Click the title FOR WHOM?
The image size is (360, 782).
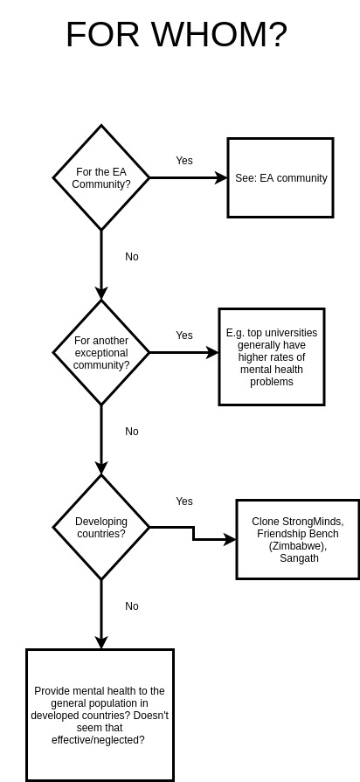pos(177,34)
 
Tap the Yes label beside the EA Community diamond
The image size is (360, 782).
pos(184,161)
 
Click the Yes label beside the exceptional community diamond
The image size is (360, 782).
pos(184,336)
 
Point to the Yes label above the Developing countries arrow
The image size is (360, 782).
pos(184,502)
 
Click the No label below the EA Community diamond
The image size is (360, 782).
pos(132,256)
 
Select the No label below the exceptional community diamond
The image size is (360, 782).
pos(132,432)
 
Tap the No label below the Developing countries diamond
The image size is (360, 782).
pos(132,606)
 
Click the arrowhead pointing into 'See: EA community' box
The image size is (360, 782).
pos(221,177)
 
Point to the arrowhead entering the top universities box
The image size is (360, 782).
pos(212,353)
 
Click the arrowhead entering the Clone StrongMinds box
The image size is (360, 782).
pos(230,540)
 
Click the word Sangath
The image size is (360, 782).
pos(299,558)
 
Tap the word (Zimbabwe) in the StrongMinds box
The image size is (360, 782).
pos(298,546)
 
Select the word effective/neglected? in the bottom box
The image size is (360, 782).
pos(98,740)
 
